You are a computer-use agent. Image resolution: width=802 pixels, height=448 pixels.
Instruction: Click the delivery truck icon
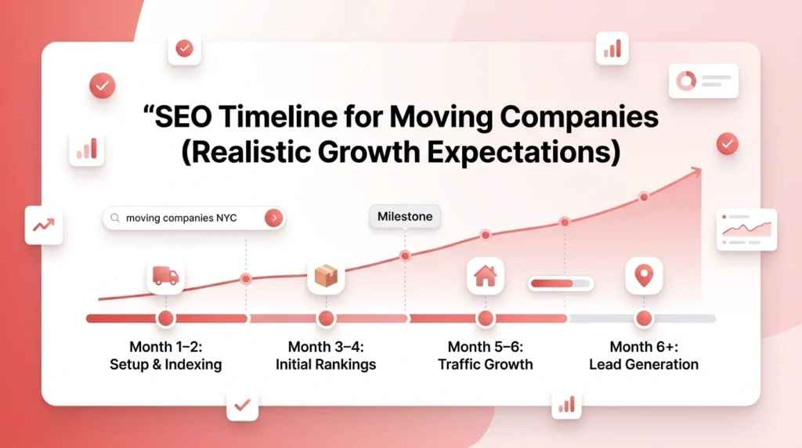click(x=165, y=276)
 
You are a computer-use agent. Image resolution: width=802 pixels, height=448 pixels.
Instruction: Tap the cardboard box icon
click(x=326, y=276)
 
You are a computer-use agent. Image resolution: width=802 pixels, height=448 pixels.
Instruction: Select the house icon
click(x=486, y=276)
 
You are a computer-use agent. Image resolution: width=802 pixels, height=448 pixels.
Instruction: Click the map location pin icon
click(x=644, y=276)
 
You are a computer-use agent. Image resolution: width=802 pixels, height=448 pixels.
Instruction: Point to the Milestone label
click(x=404, y=217)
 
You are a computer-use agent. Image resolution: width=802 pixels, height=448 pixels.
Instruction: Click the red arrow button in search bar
click(x=273, y=219)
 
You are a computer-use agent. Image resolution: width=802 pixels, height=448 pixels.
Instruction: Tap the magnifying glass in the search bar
click(x=116, y=219)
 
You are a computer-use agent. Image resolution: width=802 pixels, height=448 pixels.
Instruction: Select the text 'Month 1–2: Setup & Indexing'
click(x=165, y=356)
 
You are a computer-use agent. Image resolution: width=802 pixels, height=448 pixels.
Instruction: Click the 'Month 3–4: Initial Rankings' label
click(x=326, y=356)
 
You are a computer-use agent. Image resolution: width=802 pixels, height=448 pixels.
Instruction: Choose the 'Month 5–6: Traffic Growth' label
click(x=486, y=356)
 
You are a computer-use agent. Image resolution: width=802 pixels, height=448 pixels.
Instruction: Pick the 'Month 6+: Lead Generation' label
click(x=644, y=356)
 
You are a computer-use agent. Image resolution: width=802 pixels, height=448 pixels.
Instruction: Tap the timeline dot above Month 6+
click(x=644, y=319)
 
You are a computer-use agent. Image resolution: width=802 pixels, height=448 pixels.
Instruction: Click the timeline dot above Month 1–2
click(x=165, y=319)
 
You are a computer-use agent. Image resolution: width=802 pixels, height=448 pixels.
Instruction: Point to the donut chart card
click(x=703, y=81)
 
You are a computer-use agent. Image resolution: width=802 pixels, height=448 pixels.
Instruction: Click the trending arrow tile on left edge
click(x=43, y=226)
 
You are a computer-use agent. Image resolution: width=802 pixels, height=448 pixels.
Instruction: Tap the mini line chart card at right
click(x=746, y=229)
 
